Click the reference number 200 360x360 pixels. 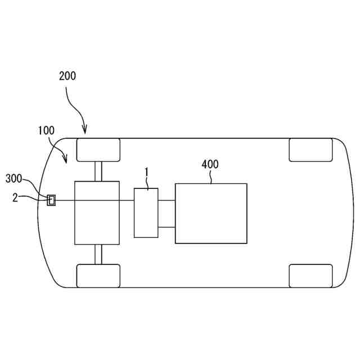point(67,76)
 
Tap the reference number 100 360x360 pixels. point(46,130)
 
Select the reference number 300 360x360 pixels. point(14,178)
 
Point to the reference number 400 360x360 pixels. point(210,164)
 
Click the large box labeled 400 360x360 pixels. point(211,213)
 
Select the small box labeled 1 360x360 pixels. point(146,213)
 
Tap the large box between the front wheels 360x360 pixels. point(97,213)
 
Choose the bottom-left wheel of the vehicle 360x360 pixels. point(98,275)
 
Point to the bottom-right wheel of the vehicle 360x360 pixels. point(311,275)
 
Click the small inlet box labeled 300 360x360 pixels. point(51,200)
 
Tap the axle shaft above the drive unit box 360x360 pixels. point(98,172)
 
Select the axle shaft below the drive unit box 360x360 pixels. point(98,254)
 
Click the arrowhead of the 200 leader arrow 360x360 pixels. point(85,133)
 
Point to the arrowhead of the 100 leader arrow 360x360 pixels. point(66,161)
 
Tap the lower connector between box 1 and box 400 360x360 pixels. point(166,227)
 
